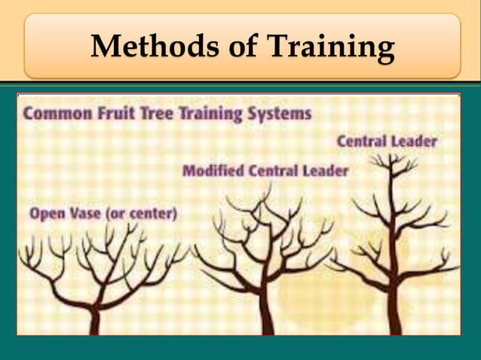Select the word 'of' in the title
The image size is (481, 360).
click(235, 47)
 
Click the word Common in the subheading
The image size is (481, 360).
click(55, 115)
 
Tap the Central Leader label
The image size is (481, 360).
click(386, 141)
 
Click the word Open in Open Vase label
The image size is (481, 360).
click(44, 214)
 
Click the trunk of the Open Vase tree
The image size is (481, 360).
click(94, 320)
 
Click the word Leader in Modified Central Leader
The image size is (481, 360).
click(325, 172)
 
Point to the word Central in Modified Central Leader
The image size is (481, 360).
click(274, 172)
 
